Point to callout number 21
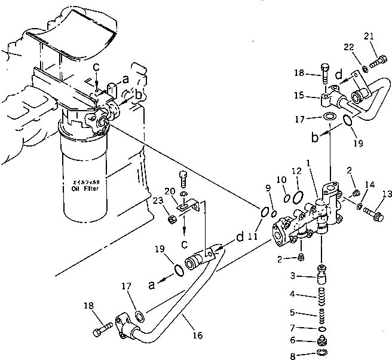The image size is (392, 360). click(369, 36)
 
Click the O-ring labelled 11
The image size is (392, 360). click(264, 210)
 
